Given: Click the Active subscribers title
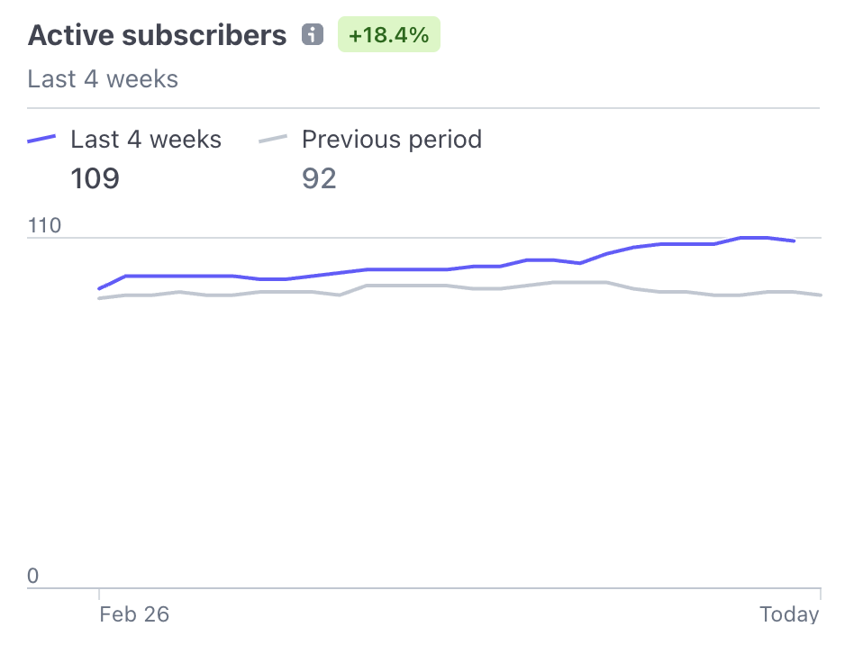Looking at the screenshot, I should pyautogui.click(x=157, y=36).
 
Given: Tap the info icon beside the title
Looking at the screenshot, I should pyautogui.click(x=313, y=35).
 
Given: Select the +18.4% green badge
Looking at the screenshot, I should pyautogui.click(x=389, y=36).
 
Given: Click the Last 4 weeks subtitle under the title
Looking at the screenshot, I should pyautogui.click(x=103, y=79).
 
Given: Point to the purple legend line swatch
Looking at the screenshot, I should pyautogui.click(x=41, y=140).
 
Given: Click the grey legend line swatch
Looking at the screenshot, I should pyautogui.click(x=273, y=140).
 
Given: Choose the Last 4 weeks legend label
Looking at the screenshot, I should pyautogui.click(x=146, y=140).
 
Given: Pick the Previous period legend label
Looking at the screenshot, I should pyautogui.click(x=391, y=140).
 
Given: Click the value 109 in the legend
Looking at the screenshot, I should pyautogui.click(x=95, y=178).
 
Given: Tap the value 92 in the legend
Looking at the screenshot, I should pyautogui.click(x=319, y=178).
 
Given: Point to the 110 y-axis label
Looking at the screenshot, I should pyautogui.click(x=44, y=225).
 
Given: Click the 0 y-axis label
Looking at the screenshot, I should pyautogui.click(x=33, y=576).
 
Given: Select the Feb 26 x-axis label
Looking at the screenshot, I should pyautogui.click(x=134, y=615).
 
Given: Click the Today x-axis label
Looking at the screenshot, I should pyautogui.click(x=789, y=615).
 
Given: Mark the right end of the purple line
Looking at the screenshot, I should pyautogui.click(x=794, y=241).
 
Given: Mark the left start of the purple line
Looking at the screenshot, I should pyautogui.click(x=99, y=289).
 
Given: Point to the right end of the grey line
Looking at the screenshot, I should pyautogui.click(x=820, y=295).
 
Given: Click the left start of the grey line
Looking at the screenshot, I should pyautogui.click(x=99, y=298).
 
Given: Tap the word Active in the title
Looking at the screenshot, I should pyautogui.click(x=72, y=36).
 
